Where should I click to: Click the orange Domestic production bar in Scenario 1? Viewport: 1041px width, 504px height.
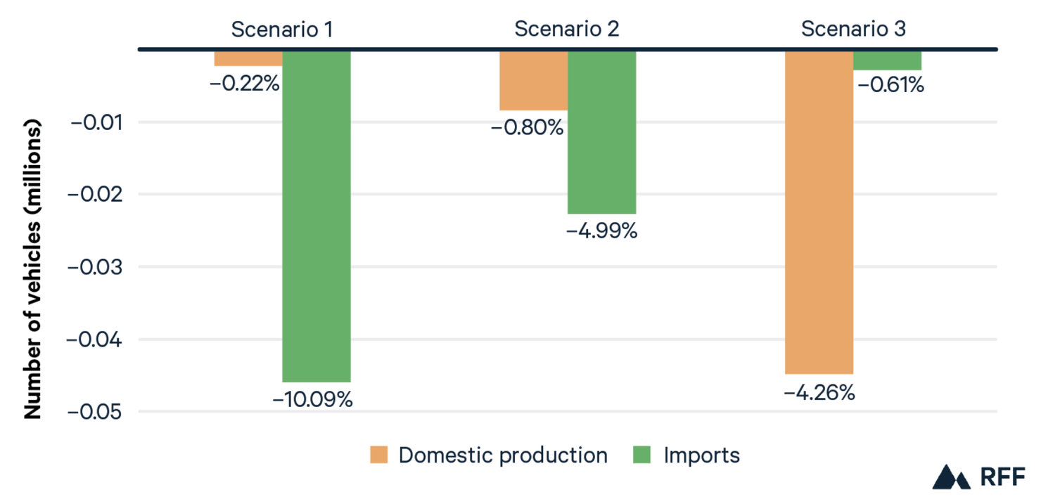tap(248, 58)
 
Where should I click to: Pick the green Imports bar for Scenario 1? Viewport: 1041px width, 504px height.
tap(317, 216)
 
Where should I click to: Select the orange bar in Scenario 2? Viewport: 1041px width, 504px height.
tap(533, 80)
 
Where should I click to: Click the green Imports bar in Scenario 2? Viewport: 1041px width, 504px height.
tap(602, 131)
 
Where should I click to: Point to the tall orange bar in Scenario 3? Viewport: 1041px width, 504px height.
tap(819, 212)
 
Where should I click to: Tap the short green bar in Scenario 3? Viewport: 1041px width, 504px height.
tap(887, 60)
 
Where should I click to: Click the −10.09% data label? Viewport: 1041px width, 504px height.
tap(313, 399)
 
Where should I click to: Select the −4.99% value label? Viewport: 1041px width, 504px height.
tap(602, 231)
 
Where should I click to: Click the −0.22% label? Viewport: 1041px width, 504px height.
tap(245, 84)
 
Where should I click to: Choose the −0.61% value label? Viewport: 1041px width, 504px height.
tap(889, 86)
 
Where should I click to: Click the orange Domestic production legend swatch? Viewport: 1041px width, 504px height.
tap(378, 455)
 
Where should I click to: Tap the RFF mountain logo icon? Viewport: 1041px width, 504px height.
tap(952, 477)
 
